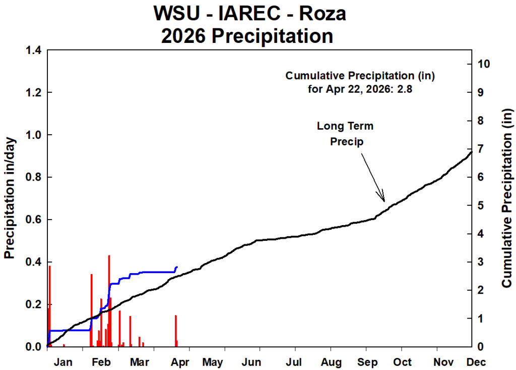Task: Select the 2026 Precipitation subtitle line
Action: [x=247, y=36]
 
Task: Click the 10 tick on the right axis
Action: [x=483, y=64]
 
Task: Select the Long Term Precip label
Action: [x=346, y=134]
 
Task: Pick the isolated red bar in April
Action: [x=176, y=331]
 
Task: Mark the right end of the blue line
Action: [x=177, y=267]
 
